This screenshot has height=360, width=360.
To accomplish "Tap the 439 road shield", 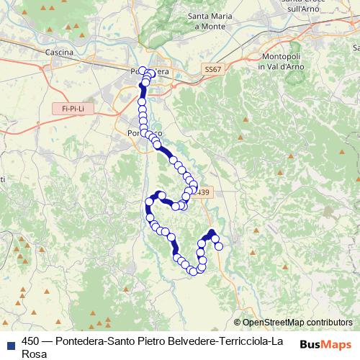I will [x=204, y=192].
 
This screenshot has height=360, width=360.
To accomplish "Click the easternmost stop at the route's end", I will [x=219, y=247].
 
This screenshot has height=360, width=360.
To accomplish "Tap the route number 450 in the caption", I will [x=31, y=341].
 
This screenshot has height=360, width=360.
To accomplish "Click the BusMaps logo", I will [x=325, y=344].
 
